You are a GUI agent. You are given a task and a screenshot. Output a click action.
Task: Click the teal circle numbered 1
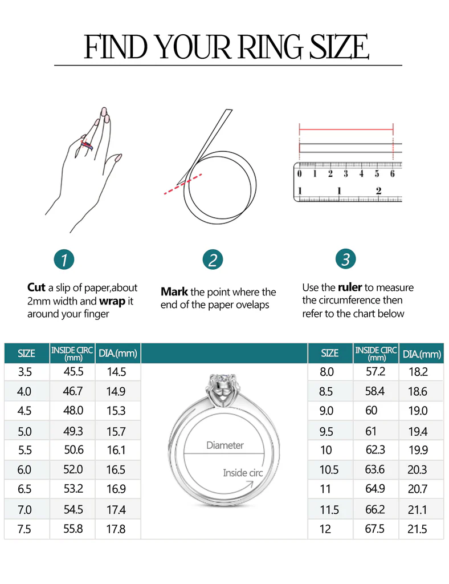(x=64, y=259)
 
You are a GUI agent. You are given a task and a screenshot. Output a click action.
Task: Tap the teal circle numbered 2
(x=213, y=259)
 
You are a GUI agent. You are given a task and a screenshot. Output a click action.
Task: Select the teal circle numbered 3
(x=346, y=259)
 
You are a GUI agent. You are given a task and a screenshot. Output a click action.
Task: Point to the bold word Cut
(x=36, y=287)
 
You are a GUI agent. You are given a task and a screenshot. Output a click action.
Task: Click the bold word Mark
(x=174, y=291)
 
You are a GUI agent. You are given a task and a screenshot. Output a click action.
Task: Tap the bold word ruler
(x=350, y=287)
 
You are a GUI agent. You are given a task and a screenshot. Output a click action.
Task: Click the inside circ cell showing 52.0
(x=72, y=469)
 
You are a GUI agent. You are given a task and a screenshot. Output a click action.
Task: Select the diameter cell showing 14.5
(x=116, y=372)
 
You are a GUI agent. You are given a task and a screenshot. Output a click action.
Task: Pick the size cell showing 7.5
(x=25, y=529)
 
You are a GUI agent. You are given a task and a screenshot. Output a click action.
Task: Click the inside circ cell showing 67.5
(x=375, y=529)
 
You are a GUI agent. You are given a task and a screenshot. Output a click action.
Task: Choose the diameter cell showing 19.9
(x=418, y=450)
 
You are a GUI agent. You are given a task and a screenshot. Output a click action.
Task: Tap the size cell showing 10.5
(x=329, y=469)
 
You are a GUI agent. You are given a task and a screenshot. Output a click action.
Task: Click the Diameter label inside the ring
(x=224, y=445)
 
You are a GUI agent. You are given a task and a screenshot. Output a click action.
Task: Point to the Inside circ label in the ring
(x=243, y=473)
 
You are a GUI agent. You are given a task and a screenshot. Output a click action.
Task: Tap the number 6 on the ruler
(x=392, y=173)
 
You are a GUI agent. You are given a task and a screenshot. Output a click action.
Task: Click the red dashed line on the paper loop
(x=183, y=184)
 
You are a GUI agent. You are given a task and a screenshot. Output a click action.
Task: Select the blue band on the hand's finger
(x=87, y=145)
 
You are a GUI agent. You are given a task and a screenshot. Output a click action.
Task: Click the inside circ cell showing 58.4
(x=375, y=391)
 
